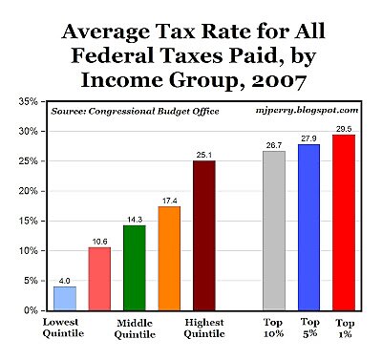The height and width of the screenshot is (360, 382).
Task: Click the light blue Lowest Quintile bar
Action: coord(65,298)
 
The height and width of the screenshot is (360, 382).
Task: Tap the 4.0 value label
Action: coord(65,280)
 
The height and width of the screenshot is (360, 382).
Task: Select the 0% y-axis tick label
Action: coord(30,310)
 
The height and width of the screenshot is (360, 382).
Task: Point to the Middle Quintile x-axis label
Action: coord(135,328)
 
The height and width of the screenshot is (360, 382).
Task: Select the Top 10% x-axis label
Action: coord(274,328)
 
